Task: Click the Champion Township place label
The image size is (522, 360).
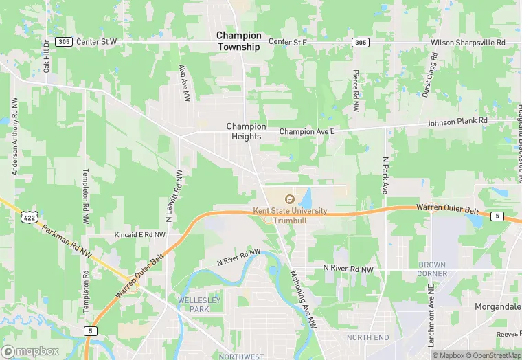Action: click(239, 41)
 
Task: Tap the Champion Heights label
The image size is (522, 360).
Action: click(246, 131)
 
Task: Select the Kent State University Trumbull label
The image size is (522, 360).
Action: click(290, 216)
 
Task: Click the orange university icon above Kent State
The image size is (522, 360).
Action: click(288, 199)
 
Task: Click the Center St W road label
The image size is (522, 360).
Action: click(97, 42)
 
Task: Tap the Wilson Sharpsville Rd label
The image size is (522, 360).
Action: click(468, 43)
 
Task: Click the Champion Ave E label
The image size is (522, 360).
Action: click(306, 131)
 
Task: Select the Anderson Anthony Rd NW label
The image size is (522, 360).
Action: click(13, 135)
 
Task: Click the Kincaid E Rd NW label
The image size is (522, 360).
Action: click(140, 235)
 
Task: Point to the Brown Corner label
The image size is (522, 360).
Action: click(432, 269)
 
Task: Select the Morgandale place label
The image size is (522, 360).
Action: click(497, 306)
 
